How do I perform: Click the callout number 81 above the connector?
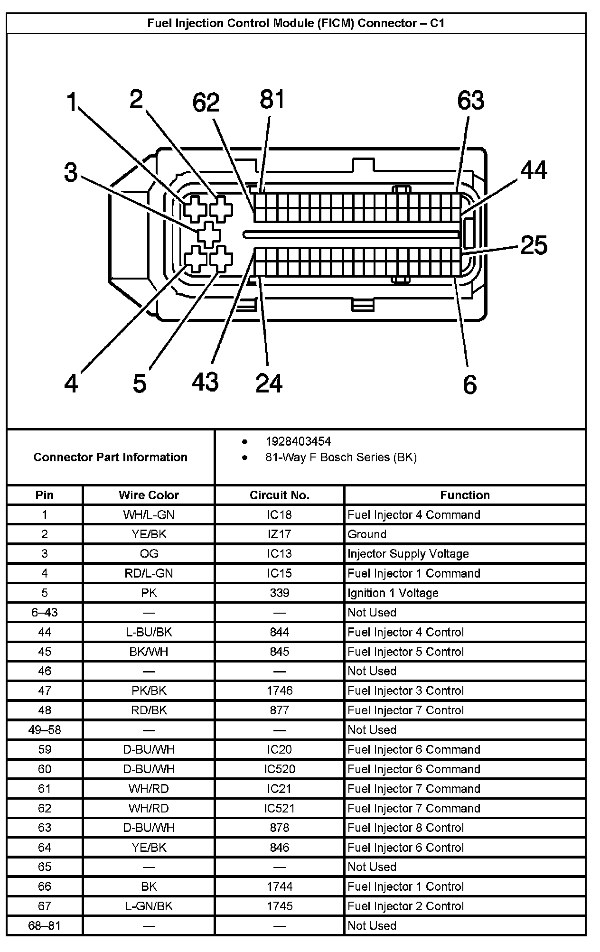pos(272,100)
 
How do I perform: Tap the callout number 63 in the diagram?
pos(470,101)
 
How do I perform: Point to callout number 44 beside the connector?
pos(534,170)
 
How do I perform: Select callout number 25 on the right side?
pos(534,245)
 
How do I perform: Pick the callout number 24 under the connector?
pos(269,383)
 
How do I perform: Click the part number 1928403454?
pos(298,442)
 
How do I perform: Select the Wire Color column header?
pos(149,495)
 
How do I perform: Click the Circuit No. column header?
pos(279,495)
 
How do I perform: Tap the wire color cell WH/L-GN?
pos(149,515)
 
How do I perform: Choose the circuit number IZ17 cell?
pos(279,534)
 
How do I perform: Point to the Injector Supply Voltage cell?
pos(408,554)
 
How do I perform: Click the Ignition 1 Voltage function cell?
pos(393,593)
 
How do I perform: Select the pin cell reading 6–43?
pos(45,613)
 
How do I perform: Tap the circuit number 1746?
pos(279,691)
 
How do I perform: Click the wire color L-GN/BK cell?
pos(149,906)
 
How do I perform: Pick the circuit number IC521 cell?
pos(279,808)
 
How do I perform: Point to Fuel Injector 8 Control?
pos(405,828)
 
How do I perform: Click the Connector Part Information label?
pos(110,457)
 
